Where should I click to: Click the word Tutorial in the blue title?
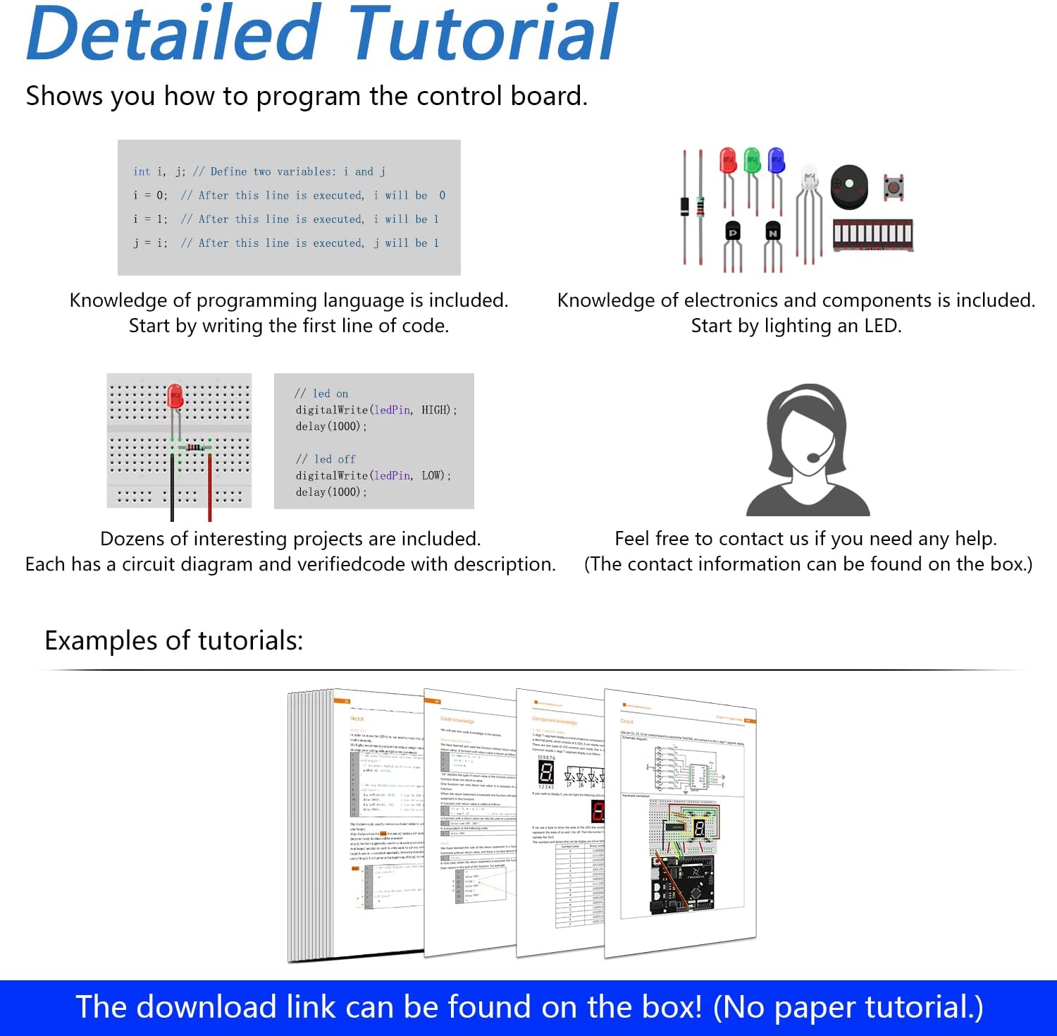click(483, 34)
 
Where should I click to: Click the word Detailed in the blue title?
click(173, 34)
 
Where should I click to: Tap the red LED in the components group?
click(728, 162)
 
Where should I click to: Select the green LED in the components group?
click(753, 162)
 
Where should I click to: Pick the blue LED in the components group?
click(776, 162)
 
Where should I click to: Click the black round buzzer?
click(849, 186)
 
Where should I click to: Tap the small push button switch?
click(894, 188)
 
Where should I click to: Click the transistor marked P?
click(733, 231)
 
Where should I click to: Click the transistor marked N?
click(773, 231)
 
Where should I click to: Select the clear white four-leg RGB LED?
click(810, 181)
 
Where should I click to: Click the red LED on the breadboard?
click(175, 396)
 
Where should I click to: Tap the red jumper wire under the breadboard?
click(209, 487)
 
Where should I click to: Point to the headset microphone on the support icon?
click(814, 457)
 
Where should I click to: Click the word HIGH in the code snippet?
click(435, 410)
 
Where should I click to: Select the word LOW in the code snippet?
click(432, 475)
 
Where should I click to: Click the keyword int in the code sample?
click(142, 171)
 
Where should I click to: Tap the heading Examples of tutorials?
click(173, 640)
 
